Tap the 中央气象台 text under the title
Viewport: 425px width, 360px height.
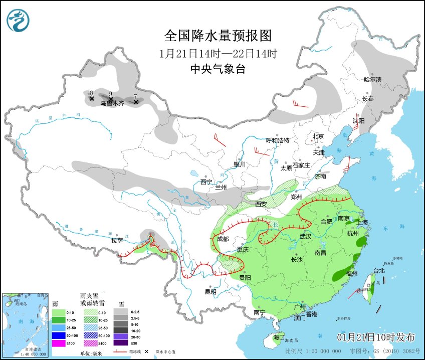point(218,70)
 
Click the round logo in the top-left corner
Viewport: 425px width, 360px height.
point(18,20)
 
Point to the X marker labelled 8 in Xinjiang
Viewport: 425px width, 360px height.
point(92,99)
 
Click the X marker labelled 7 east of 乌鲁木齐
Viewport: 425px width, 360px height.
point(136,102)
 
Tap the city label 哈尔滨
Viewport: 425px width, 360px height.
point(372,79)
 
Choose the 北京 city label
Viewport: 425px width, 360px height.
point(318,136)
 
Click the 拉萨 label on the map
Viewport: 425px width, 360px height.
point(117,240)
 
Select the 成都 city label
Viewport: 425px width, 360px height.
point(223,239)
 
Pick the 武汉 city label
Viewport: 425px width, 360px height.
point(305,236)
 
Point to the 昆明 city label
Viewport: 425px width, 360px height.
point(210,292)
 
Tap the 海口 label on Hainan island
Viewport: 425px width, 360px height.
point(279,337)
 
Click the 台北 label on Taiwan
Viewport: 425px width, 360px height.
point(378,271)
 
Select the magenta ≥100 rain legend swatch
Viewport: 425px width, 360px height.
point(59,343)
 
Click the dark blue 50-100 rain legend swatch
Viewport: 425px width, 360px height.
point(59,335)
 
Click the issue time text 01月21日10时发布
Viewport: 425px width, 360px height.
point(377,335)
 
